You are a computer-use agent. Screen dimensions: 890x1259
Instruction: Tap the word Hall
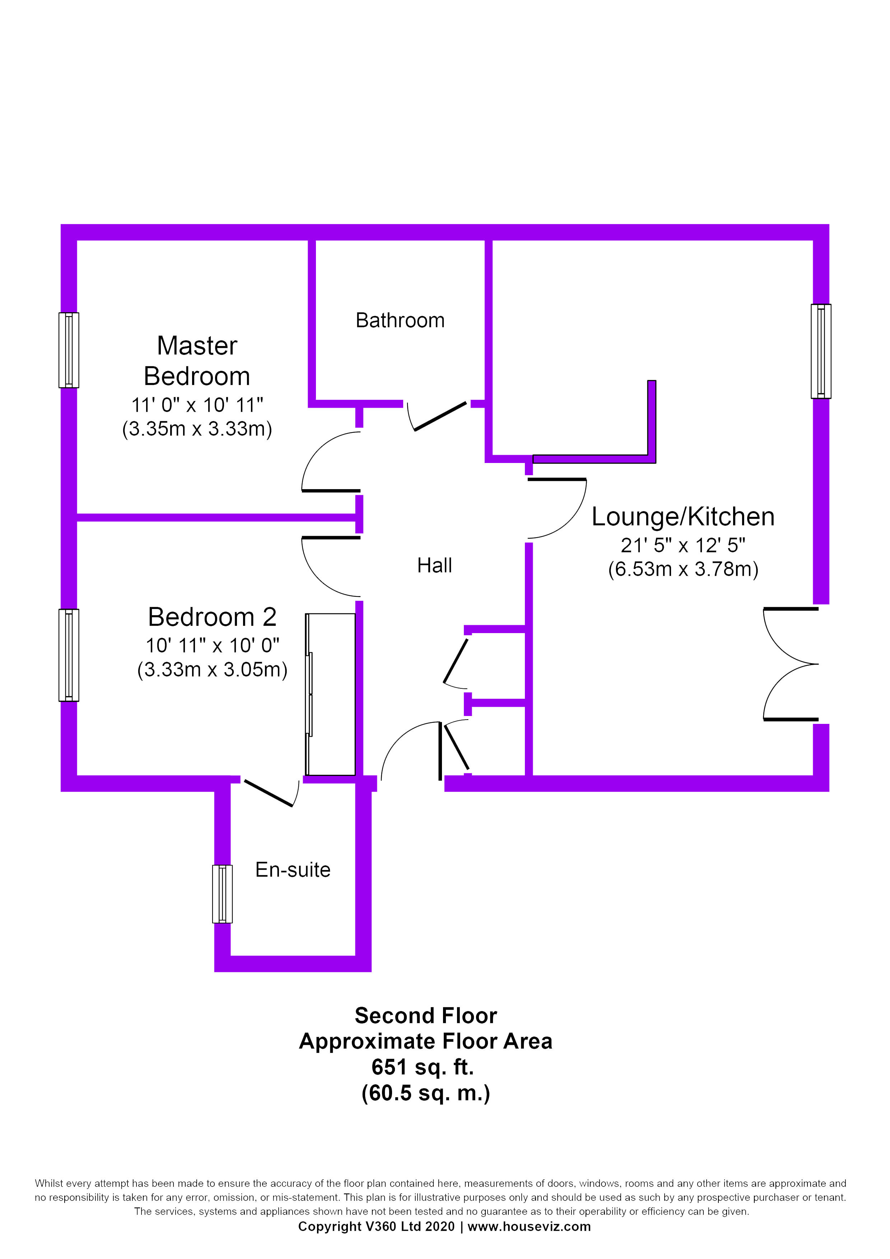434,565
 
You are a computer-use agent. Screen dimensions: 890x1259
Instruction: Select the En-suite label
293,870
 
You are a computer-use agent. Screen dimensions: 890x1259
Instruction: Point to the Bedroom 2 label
212,617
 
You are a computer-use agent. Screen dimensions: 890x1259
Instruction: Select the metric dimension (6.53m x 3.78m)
683,569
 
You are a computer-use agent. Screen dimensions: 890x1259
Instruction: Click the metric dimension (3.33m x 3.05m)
212,670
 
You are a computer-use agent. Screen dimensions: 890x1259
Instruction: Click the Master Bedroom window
69,350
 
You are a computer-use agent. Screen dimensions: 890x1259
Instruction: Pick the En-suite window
222,894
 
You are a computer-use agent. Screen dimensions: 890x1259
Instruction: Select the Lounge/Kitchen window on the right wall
821,351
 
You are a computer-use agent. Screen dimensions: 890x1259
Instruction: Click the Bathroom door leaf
441,417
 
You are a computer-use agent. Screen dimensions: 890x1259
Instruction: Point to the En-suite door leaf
268,794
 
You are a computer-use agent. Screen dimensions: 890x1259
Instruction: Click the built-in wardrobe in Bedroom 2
330,694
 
